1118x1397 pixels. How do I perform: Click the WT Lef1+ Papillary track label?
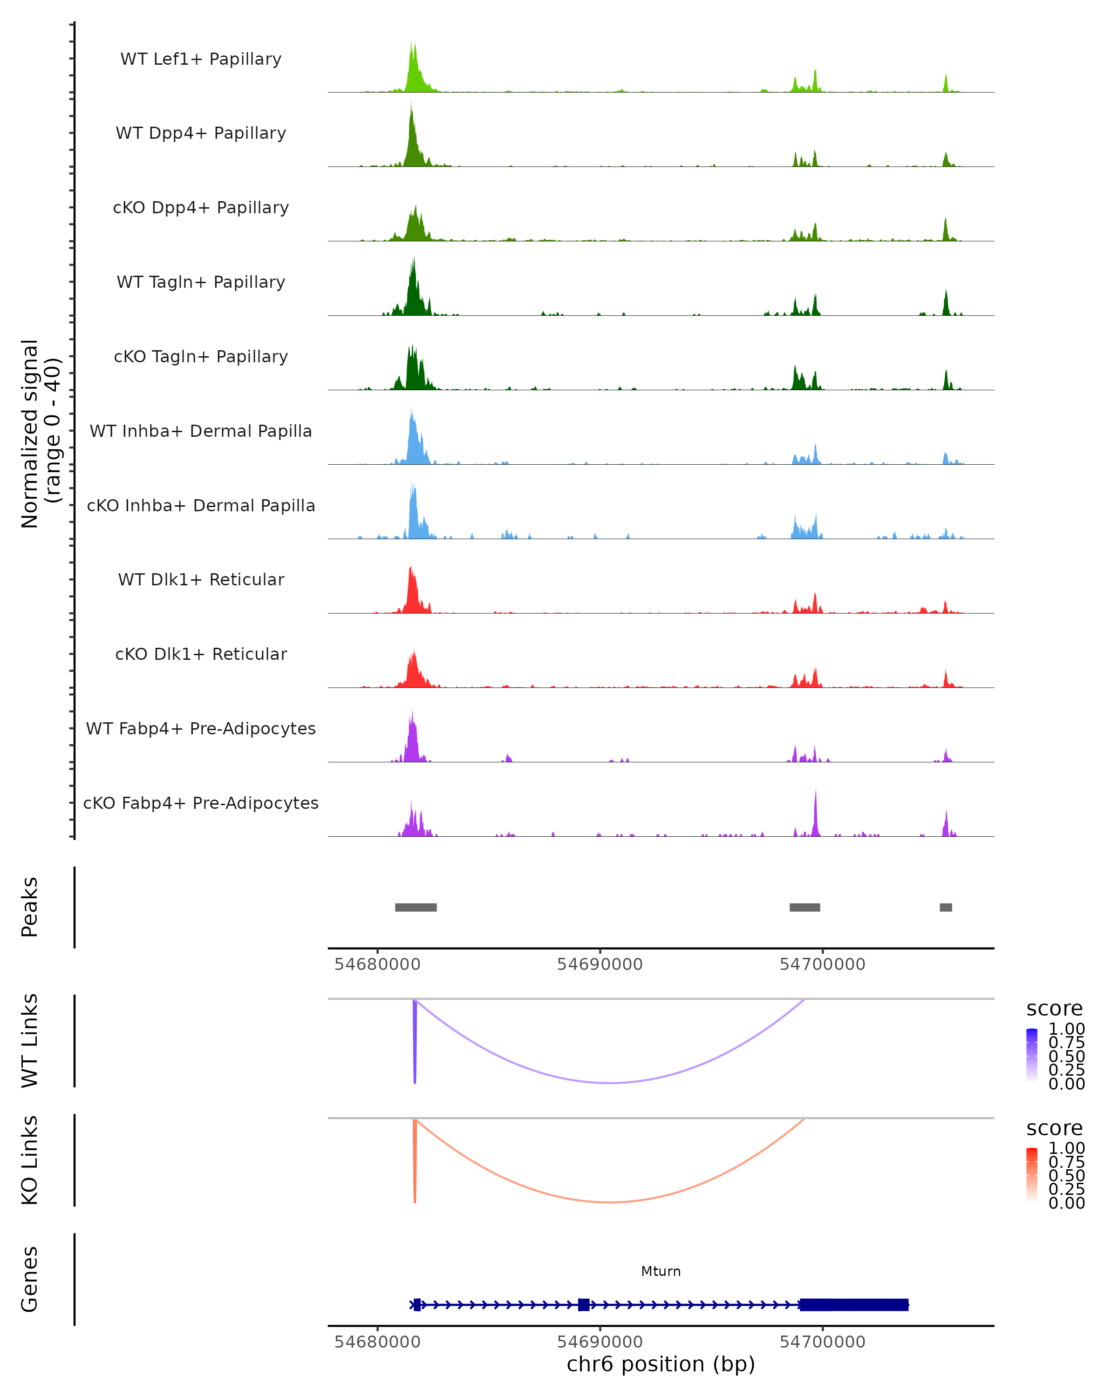201,59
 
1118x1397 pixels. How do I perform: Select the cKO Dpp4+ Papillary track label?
201,208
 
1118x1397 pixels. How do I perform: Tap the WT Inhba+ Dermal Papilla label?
201,432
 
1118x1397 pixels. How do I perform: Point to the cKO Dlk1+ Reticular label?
201,654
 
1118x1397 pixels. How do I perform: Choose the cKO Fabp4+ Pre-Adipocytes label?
201,803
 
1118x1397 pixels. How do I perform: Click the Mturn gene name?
661,1271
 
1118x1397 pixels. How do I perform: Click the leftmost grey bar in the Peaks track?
416,907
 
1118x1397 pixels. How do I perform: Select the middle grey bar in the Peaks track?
804,907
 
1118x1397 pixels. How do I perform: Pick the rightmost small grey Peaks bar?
946,907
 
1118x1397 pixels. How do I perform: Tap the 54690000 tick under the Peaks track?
600,964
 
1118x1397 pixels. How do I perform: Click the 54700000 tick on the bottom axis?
823,1342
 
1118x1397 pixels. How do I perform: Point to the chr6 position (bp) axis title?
661,1364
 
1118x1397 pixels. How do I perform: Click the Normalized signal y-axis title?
40,434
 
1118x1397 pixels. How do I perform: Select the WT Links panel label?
30,1041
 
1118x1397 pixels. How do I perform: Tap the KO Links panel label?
30,1160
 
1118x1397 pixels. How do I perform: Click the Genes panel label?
30,1279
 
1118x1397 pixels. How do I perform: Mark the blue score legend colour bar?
1032,1056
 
